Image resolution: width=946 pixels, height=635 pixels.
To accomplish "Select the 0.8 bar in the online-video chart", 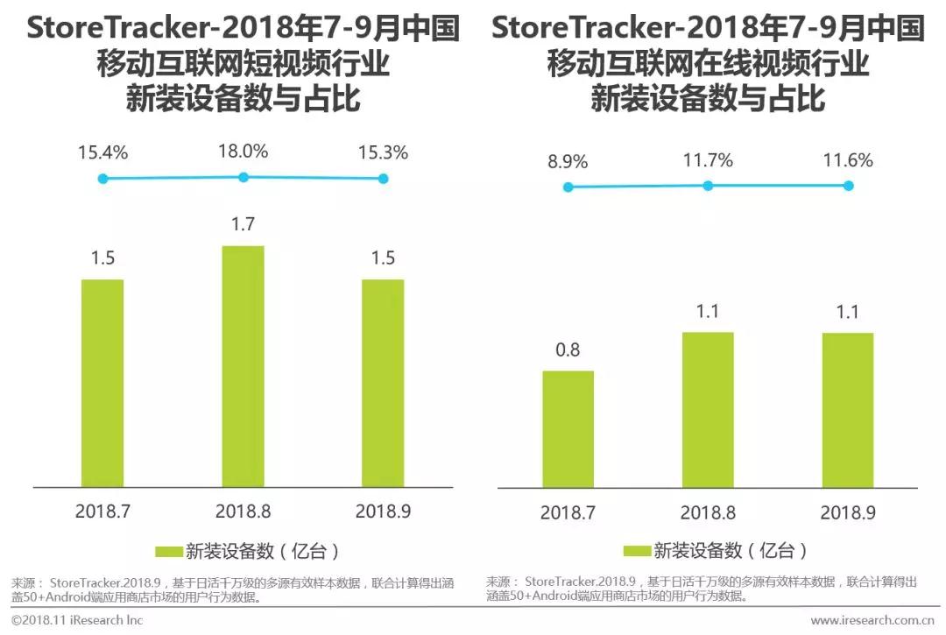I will [568, 429].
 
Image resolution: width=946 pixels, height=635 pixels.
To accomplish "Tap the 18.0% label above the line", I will [243, 152].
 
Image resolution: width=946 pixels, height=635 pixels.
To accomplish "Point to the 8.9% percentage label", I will [568, 161].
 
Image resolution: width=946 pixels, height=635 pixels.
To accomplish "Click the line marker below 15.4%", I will [102, 179].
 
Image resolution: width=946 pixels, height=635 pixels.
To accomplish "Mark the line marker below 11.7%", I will [708, 186].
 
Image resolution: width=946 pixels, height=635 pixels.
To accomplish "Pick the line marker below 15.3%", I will [383, 179].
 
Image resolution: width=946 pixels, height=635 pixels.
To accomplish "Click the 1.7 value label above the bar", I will [243, 224].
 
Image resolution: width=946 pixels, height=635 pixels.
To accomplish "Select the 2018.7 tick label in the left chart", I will [102, 512].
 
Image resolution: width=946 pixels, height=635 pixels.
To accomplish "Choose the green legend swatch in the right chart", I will [637, 551].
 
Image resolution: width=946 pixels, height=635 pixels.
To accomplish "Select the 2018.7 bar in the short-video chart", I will [102, 384].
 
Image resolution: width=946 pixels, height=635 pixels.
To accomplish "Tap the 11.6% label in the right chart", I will [848, 161].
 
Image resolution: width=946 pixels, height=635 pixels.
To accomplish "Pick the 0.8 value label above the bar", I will [568, 350].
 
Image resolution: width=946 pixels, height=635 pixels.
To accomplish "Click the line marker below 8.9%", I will [568, 187].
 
